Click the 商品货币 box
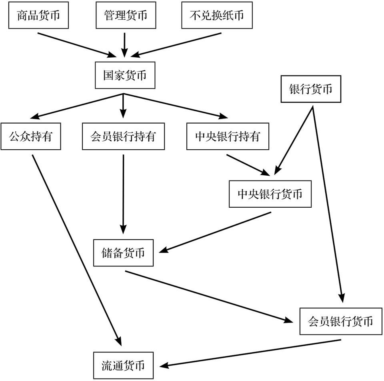[38, 16]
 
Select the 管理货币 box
[125, 16]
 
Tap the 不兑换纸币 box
[216, 16]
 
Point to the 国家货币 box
[124, 75]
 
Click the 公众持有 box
[30, 137]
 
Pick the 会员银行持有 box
[123, 137]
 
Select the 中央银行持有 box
[227, 137]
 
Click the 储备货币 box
[123, 253]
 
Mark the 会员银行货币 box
[340, 321]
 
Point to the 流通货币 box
[123, 365]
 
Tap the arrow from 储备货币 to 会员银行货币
[208, 296]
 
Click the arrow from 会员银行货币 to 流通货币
[250, 353]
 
